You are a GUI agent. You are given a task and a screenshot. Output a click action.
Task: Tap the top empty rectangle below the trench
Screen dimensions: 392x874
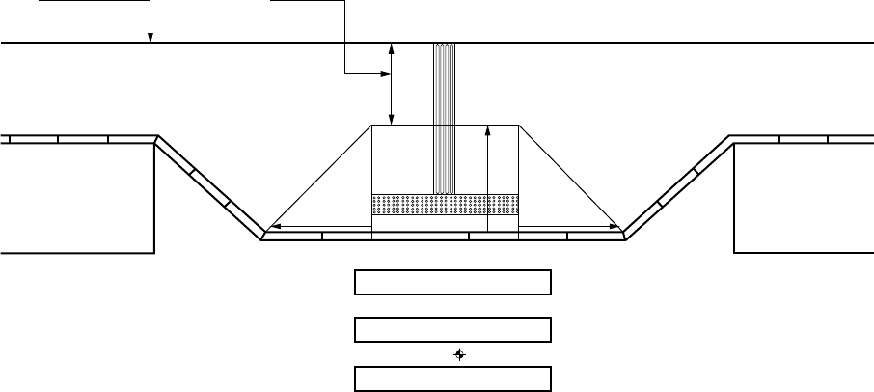[452, 282]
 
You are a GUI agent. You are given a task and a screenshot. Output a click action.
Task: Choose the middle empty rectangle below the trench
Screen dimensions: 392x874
[452, 330]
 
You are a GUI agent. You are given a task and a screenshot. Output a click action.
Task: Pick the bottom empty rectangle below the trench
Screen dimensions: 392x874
[452, 378]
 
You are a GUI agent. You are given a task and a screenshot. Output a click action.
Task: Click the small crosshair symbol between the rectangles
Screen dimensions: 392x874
[459, 354]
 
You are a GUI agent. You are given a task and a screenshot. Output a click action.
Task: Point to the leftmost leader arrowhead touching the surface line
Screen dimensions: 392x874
[150, 40]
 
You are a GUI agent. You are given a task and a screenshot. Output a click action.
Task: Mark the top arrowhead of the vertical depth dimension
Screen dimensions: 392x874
[391, 47]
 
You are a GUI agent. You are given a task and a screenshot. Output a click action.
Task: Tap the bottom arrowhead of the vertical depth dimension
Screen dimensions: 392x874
[391, 120]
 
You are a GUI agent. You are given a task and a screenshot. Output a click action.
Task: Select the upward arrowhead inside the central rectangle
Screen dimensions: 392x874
[489, 129]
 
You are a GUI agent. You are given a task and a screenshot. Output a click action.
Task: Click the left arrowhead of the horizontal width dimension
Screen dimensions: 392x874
[271, 226]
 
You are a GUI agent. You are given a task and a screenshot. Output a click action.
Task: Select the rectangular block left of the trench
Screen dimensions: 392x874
[77, 197]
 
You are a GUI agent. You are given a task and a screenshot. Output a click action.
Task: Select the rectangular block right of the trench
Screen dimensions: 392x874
[803, 197]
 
